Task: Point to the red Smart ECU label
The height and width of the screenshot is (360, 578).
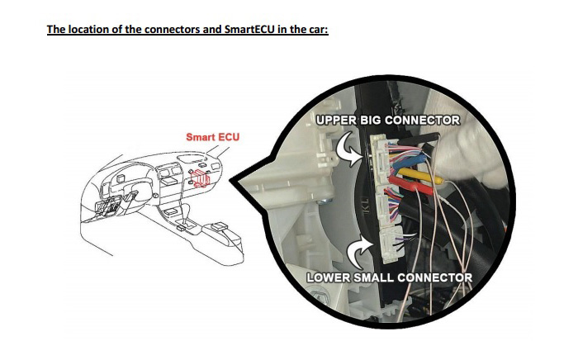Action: coord(212,136)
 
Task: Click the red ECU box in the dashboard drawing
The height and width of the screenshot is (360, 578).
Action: coord(201,177)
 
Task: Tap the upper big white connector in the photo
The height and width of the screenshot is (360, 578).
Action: coord(381,165)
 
